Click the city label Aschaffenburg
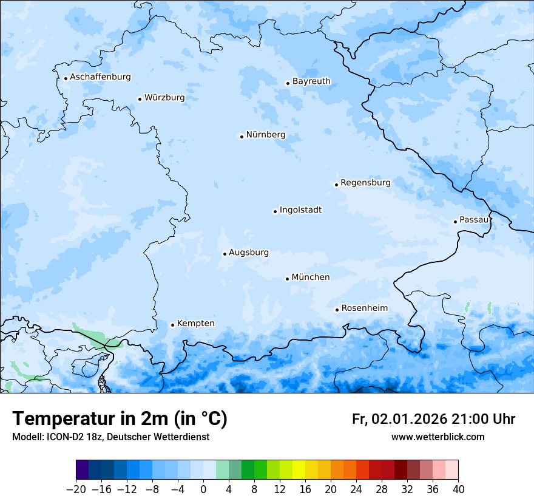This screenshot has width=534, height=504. [100, 77]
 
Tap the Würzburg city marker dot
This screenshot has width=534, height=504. [140, 99]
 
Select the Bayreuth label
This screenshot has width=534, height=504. [311, 81]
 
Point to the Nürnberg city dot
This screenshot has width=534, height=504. [242, 137]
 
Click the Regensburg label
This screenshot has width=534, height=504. [365, 183]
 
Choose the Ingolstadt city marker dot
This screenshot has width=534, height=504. [275, 211]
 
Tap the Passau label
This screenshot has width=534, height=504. [474, 220]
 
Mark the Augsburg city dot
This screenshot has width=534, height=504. [225, 254]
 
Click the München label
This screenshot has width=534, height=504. [311, 278]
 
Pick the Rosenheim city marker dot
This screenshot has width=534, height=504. [337, 310]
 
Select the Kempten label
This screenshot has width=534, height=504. [195, 324]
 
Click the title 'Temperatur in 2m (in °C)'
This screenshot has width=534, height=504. [120, 419]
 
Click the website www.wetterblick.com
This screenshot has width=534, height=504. [438, 437]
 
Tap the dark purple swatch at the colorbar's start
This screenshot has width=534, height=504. [83, 471]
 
